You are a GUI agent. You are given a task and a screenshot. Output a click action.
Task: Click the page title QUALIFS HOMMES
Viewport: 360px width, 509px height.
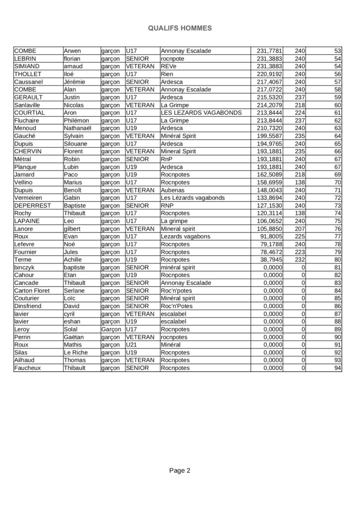click(x=180, y=29)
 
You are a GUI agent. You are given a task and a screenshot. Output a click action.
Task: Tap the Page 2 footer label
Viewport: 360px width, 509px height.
click(x=180, y=470)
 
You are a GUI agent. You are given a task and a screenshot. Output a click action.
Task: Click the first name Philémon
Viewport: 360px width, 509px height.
click(x=76, y=120)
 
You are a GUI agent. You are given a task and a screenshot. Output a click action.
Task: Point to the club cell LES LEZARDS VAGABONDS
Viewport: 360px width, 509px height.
click(x=201, y=112)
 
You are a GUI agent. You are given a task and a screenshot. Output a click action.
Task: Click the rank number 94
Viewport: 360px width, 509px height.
click(x=338, y=368)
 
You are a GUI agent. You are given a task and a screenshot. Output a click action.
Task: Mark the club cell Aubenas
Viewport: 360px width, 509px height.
click(x=173, y=190)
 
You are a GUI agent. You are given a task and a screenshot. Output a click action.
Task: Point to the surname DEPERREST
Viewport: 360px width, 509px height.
click(x=32, y=205)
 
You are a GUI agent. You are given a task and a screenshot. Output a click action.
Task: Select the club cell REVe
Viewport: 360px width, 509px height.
click(x=169, y=66)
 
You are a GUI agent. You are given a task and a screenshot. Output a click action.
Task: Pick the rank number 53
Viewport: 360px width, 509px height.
click(x=338, y=51)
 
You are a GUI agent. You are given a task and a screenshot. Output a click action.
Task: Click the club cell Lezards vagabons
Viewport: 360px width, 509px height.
click(x=185, y=236)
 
